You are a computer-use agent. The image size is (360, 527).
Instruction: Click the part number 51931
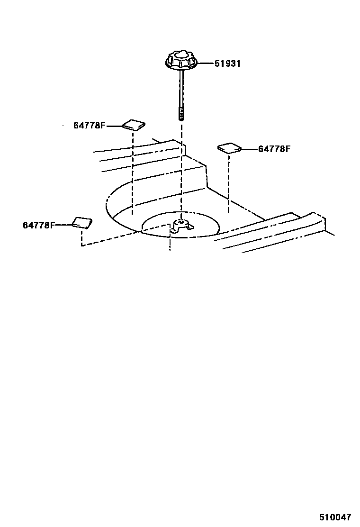point(227,64)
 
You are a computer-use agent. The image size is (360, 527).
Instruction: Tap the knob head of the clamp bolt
point(181,61)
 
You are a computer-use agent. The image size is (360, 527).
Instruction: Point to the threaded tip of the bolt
point(181,114)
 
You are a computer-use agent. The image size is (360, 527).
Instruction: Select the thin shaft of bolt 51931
point(181,90)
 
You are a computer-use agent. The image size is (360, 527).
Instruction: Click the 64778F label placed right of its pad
point(274,149)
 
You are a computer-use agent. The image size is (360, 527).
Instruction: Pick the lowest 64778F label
point(39,225)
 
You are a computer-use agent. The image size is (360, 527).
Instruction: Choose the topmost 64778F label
point(89,126)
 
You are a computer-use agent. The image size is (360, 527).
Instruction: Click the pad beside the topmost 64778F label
point(134,125)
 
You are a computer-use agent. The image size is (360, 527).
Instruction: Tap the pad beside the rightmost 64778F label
point(230,148)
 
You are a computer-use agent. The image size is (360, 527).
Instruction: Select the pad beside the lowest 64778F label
point(82,222)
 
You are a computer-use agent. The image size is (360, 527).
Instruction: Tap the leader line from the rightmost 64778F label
point(249,149)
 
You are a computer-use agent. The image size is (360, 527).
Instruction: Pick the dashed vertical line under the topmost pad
point(133,171)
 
